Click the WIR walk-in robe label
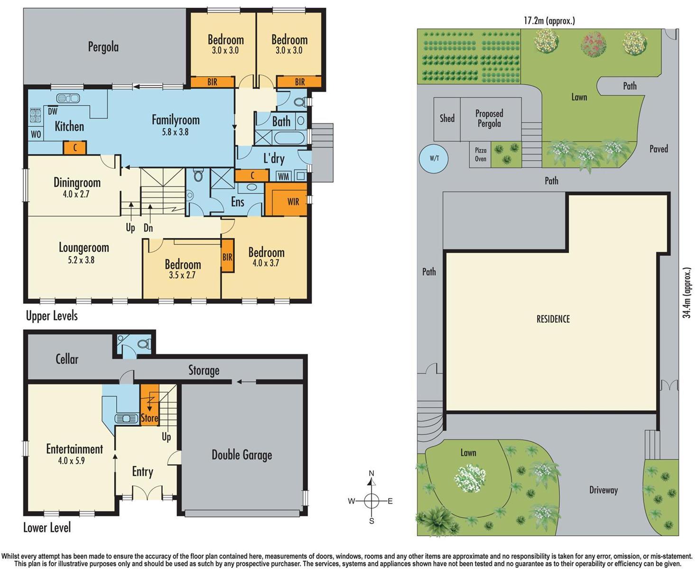coord(293,202)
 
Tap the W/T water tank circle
coord(434,158)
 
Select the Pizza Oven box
coord(481,155)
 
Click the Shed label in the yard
coord(447,119)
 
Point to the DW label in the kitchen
coord(53,111)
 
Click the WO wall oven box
coord(36,134)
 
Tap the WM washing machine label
coord(283,176)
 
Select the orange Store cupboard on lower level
coord(149,405)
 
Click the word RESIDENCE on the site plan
coord(553,319)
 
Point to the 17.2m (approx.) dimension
coord(549,20)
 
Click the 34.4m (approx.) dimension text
coord(687,293)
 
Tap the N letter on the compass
coord(372,473)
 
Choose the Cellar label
coord(67,359)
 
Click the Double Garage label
coord(242,455)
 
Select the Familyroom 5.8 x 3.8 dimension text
coord(175,132)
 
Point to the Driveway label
coord(603,490)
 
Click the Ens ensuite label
coord(237,202)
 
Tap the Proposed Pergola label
coord(489,119)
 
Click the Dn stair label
coord(148,228)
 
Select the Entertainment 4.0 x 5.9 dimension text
coord(71,460)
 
